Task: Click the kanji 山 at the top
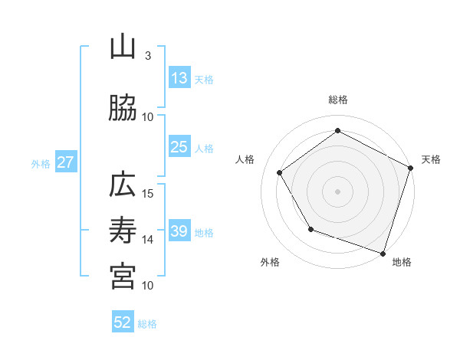[123, 47]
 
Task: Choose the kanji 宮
[123, 277]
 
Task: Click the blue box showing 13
[179, 79]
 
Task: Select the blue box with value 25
[179, 148]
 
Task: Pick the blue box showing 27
[65, 163]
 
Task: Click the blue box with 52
[123, 323]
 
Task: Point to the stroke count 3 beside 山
[147, 56]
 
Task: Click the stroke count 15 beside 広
[148, 193]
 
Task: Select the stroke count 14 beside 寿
[148, 239]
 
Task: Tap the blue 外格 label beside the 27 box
[41, 164]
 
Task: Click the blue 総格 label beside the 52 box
[147, 324]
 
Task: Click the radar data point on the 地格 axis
[383, 253]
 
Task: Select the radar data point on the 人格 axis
[280, 172]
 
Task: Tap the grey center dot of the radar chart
[338, 191]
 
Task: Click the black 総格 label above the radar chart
[338, 100]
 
